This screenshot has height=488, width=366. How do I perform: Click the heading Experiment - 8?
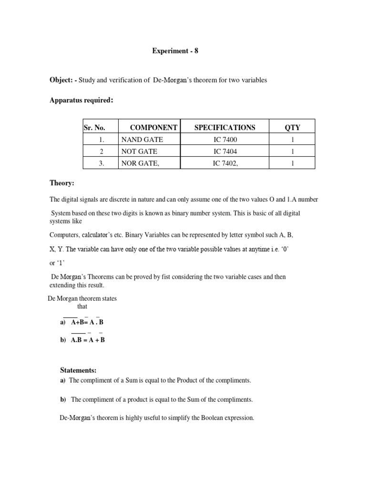(x=174, y=51)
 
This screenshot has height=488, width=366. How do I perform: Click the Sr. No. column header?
(x=94, y=127)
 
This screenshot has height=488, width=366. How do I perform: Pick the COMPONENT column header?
(x=153, y=127)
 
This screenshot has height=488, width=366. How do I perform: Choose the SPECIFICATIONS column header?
(x=224, y=127)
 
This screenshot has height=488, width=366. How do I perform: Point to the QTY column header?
(x=292, y=127)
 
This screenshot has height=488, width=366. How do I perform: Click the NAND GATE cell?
(x=142, y=140)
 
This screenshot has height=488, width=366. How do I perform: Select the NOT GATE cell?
(x=139, y=152)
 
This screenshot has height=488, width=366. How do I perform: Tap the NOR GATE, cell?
(x=140, y=163)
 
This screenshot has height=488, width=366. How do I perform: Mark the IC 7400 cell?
(x=224, y=140)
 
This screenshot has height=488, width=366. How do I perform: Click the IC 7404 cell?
(x=224, y=152)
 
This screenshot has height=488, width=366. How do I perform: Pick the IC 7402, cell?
(x=225, y=163)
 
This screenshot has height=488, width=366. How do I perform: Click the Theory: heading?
(x=62, y=183)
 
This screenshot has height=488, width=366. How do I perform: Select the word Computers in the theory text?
(x=64, y=234)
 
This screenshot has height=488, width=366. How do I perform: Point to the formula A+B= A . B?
(x=87, y=322)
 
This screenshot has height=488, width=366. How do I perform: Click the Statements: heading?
(x=78, y=370)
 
